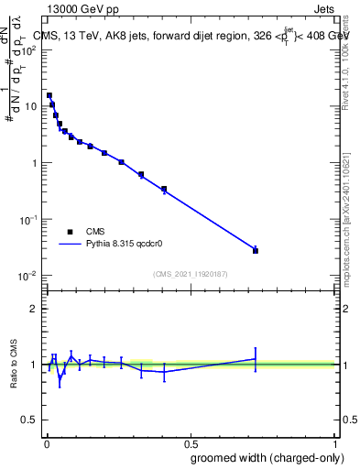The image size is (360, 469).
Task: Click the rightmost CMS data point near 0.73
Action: point(256,250)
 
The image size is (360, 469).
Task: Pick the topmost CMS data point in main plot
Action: point(49,95)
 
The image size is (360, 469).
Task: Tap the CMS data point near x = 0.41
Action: point(164,190)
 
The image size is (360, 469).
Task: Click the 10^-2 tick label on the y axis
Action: point(27,276)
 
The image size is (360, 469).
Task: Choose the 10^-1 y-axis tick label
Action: point(27,220)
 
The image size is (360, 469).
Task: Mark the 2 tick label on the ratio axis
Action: point(34,309)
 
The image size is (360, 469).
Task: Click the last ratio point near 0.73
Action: point(256,359)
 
